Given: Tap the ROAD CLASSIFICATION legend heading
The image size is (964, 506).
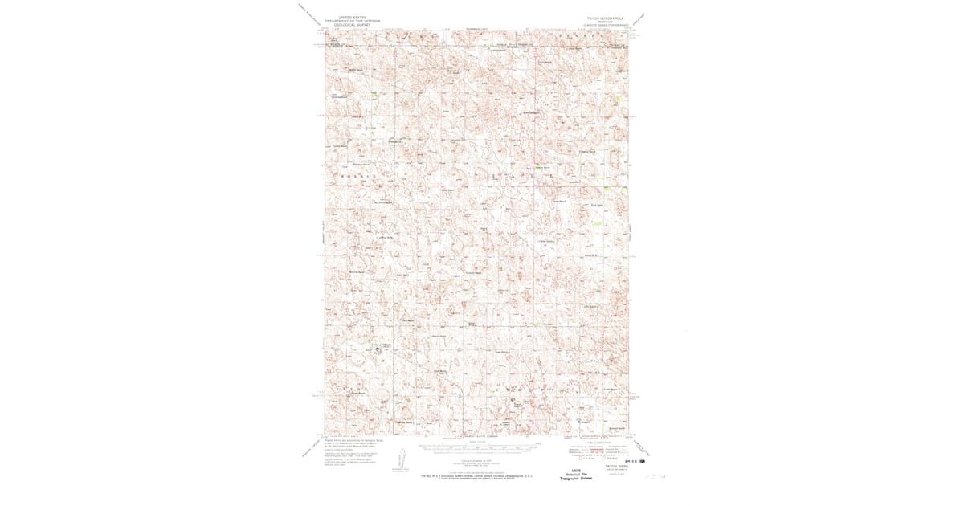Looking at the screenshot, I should pos(598,440).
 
